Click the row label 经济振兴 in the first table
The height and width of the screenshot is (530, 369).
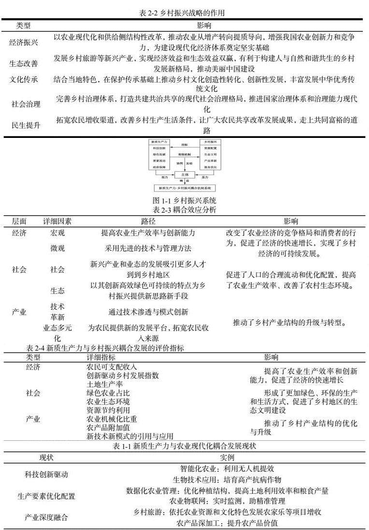(x=24, y=42)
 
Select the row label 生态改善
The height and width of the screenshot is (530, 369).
(x=24, y=64)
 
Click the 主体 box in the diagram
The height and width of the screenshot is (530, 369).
(x=184, y=174)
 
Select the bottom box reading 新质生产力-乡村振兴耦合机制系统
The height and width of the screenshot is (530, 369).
(x=184, y=188)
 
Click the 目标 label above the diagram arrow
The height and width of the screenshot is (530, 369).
(x=184, y=144)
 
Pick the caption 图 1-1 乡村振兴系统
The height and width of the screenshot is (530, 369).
(x=184, y=200)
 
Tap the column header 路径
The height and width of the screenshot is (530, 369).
(x=148, y=221)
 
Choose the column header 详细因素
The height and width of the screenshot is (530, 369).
(x=57, y=221)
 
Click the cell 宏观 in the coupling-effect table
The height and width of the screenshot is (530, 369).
(x=57, y=233)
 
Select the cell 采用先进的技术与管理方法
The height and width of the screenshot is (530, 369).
(x=148, y=249)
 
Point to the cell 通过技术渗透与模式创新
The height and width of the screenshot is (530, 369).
(x=148, y=312)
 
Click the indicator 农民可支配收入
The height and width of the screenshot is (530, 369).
(x=112, y=367)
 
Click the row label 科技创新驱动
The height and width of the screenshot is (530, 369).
(x=46, y=474)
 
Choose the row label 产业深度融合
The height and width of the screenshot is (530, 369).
(x=46, y=518)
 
